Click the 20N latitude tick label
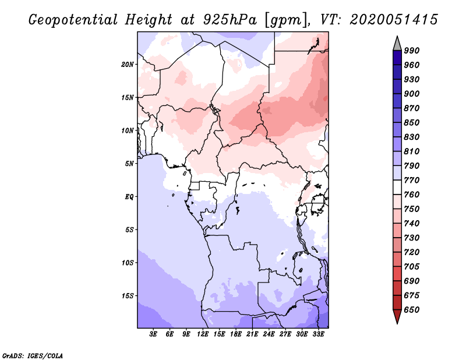pyautogui.click(x=128, y=64)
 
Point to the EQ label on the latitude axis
pyautogui.click(x=129, y=197)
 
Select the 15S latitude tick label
pyautogui.click(x=128, y=296)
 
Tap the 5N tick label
pyautogui.click(x=129, y=164)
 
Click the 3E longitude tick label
pyautogui.click(x=154, y=334)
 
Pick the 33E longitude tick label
pyautogui.click(x=319, y=334)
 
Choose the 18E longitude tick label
pyautogui.click(x=236, y=334)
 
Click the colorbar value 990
pyautogui.click(x=412, y=51)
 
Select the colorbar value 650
pyautogui.click(x=412, y=310)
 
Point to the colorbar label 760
pyautogui.click(x=412, y=195)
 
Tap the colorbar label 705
pyautogui.click(x=412, y=252)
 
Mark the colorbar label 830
pyautogui.click(x=412, y=137)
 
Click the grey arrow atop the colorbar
pyautogui.click(x=397, y=43)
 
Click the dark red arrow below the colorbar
pyautogui.click(x=397, y=316)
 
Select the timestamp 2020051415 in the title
pyautogui.click(x=394, y=20)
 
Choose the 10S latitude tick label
pyautogui.click(x=128, y=263)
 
